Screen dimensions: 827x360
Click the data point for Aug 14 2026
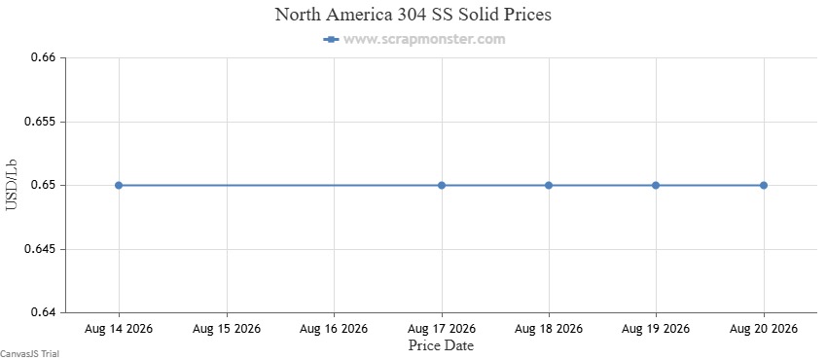click(x=119, y=185)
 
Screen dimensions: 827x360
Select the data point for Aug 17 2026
click(x=442, y=185)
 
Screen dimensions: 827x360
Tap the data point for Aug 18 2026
click(x=549, y=185)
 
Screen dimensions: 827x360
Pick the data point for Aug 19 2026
click(x=656, y=185)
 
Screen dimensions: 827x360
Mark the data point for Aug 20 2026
click(x=763, y=185)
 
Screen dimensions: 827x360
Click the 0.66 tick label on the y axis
click(x=43, y=57)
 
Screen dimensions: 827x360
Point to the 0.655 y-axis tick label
click(x=40, y=122)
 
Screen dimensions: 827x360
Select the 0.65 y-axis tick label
click(x=43, y=186)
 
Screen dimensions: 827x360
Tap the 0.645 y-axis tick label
click(x=40, y=249)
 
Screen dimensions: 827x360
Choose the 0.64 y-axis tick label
click(x=43, y=312)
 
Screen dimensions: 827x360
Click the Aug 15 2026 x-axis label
click(x=227, y=329)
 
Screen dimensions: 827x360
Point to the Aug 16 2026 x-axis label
click(x=334, y=329)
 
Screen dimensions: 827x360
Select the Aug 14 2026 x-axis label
click(x=119, y=329)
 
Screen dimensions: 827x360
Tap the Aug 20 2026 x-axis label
click(x=763, y=329)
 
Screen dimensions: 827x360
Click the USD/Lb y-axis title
click(x=11, y=185)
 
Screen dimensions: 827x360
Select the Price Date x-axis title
click(x=441, y=345)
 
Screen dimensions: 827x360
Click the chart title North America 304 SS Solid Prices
click(x=413, y=15)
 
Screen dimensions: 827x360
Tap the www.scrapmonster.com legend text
click(x=424, y=39)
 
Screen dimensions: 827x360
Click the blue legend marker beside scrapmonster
click(x=331, y=39)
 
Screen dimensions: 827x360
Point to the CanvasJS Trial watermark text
click(x=29, y=353)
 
